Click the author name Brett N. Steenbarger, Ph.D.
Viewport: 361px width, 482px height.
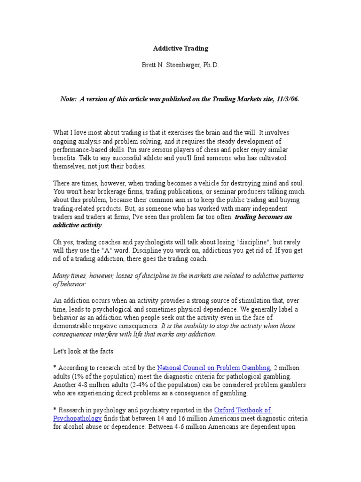pyautogui.click(x=180, y=66)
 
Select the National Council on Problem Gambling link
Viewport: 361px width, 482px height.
pyautogui.click(x=213, y=368)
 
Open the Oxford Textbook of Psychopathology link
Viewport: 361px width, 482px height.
pyautogui.click(x=243, y=410)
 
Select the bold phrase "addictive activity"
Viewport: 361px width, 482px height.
pyautogui.click(x=77, y=225)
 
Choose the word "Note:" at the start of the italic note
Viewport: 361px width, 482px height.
pyautogui.click(x=68, y=99)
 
